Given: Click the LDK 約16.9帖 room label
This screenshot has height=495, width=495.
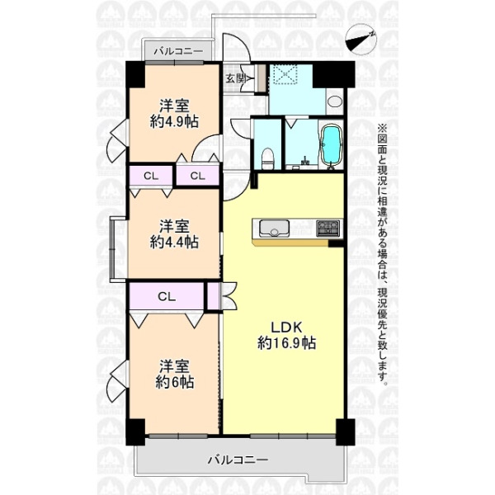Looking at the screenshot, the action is click(286, 335).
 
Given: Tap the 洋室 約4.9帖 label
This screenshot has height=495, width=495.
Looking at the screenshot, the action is click(174, 114).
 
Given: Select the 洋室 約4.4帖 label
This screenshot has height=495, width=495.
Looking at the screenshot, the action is click(174, 234).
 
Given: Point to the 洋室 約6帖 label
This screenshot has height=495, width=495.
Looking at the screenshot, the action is click(174, 375).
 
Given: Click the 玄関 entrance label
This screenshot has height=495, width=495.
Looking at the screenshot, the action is click(236, 78).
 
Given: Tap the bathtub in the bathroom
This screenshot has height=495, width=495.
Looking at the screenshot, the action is click(331, 144).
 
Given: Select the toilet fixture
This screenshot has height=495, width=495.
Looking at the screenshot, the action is click(267, 158).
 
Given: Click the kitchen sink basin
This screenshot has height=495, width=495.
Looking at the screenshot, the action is click(274, 229).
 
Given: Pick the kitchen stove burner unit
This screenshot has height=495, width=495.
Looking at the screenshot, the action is click(328, 229).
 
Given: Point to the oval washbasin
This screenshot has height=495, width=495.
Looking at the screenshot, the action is click(335, 101).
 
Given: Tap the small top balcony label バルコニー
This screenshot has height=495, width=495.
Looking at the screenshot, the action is click(178, 51).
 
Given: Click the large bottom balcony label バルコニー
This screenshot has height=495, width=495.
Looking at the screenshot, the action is click(238, 460).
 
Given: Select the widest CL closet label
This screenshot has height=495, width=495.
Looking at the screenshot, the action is click(167, 296).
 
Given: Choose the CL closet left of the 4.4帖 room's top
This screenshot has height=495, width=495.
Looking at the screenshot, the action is click(151, 176).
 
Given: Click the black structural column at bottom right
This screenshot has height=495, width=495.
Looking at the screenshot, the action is click(345, 431).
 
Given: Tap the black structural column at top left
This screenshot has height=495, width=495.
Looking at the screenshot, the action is click(135, 75).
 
